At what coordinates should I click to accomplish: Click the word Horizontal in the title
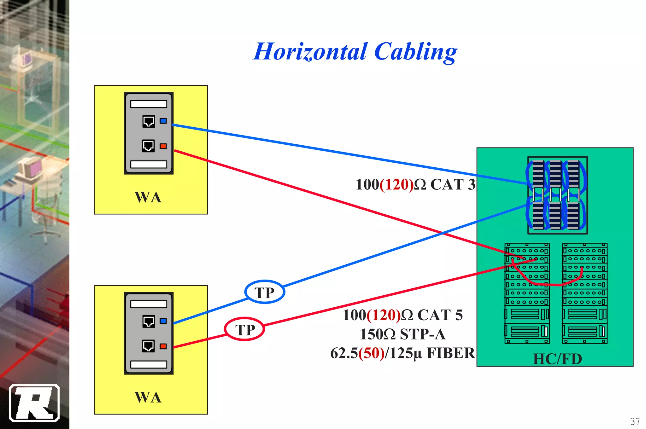pyautogui.click(x=310, y=52)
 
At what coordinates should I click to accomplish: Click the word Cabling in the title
pyautogui.click(x=416, y=52)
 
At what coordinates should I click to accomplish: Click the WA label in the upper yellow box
pyautogui.click(x=148, y=197)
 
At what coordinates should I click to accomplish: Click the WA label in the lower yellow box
pyautogui.click(x=148, y=397)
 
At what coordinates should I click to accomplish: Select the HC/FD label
pyautogui.click(x=557, y=359)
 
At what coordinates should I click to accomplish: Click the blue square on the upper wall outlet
pyautogui.click(x=163, y=121)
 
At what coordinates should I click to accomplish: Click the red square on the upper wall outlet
pyautogui.click(x=163, y=146)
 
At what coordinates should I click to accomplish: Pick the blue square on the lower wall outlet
pyautogui.click(x=163, y=321)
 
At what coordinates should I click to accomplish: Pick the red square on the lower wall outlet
pyautogui.click(x=163, y=346)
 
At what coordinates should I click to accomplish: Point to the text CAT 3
pyautogui.click(x=453, y=184)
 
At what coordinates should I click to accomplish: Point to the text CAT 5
pyautogui.click(x=440, y=315)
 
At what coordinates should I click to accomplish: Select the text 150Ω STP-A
pyautogui.click(x=402, y=334)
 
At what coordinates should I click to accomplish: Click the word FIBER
pyautogui.click(x=451, y=353)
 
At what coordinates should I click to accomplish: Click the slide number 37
pyautogui.click(x=635, y=421)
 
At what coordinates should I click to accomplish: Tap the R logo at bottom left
pyautogui.click(x=34, y=403)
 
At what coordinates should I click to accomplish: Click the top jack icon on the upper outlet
pyautogui.click(x=149, y=121)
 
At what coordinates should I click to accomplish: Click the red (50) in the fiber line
pyautogui.click(x=371, y=353)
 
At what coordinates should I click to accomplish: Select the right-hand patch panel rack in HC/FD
pyautogui.click(x=584, y=293)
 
